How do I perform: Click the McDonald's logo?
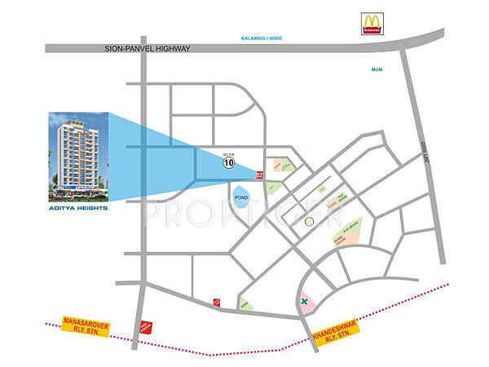coord(372,24)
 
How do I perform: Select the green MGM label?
coord(376,70)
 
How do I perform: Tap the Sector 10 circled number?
coord(230,162)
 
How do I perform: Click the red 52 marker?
coord(260,174)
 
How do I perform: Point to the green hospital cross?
coord(306,303)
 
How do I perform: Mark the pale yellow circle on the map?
coord(309,221)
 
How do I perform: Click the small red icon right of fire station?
coord(216,301)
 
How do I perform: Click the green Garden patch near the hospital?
coord(244,305)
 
